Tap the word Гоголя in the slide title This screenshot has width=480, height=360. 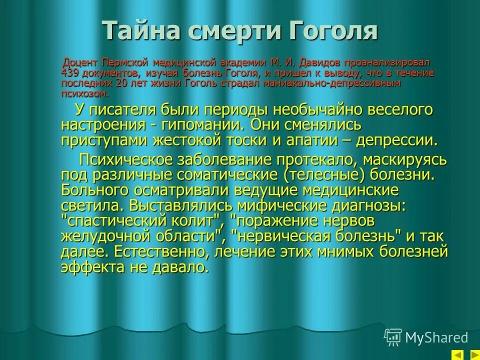click(332, 31)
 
